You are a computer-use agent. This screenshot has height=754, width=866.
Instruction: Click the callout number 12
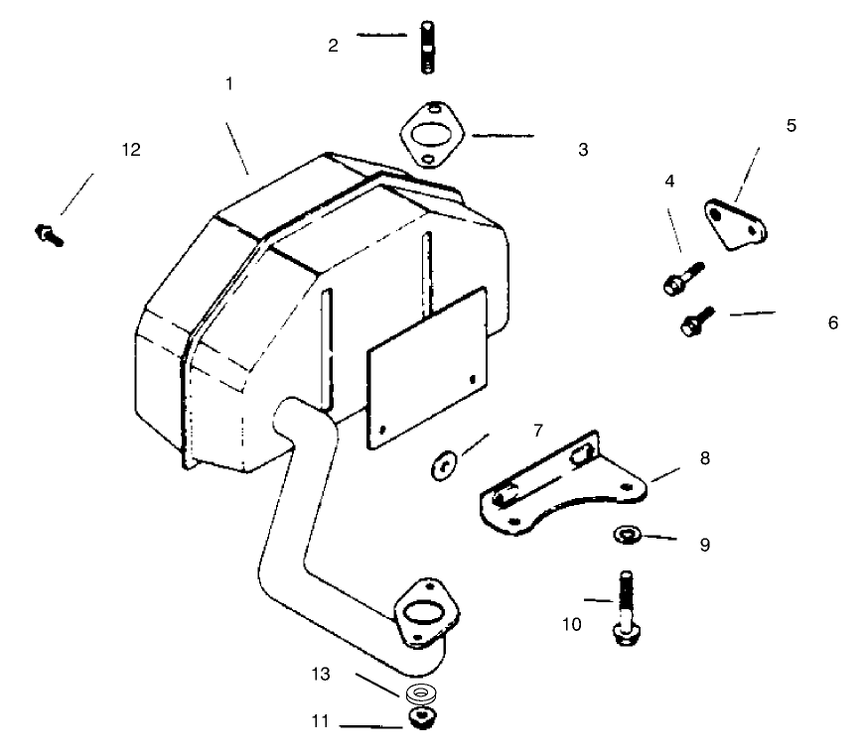[131, 150]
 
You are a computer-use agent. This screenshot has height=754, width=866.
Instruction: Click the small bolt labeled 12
[48, 234]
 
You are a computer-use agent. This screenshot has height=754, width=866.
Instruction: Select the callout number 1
[229, 84]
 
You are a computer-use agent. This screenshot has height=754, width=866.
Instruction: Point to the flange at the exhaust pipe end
[426, 614]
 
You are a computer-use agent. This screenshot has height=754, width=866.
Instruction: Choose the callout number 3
[583, 150]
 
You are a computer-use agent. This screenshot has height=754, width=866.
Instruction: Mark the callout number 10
[572, 624]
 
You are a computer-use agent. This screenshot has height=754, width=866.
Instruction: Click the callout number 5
[791, 126]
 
